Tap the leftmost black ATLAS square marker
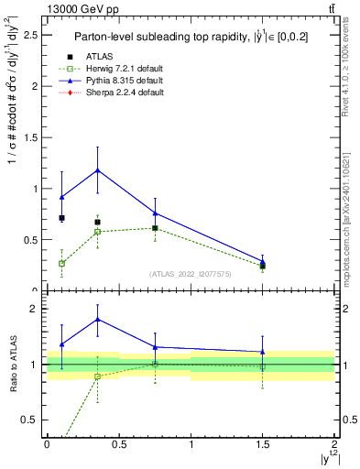[61, 218]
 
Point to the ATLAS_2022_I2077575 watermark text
[190, 274]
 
